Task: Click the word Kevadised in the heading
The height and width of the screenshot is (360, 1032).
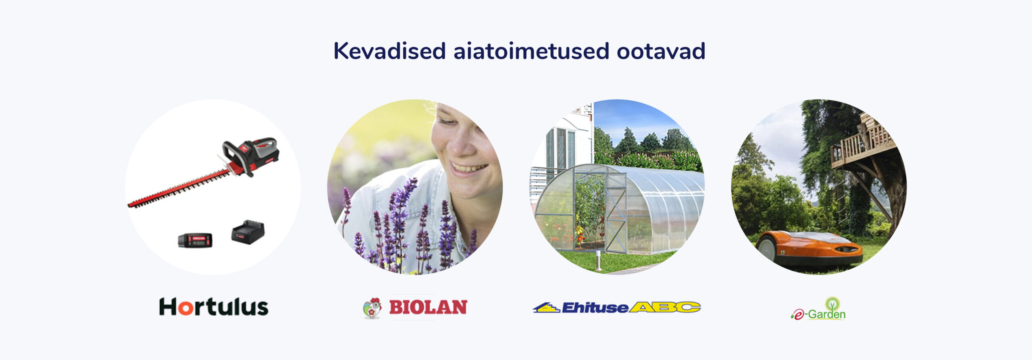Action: click(389, 51)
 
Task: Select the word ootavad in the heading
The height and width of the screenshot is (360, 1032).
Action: click(661, 51)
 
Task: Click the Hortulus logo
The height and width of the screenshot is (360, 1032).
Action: click(214, 307)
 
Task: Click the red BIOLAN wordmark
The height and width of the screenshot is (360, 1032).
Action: click(428, 307)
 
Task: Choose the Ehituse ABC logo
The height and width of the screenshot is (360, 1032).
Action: click(616, 307)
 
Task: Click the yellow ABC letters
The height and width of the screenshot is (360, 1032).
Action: click(665, 307)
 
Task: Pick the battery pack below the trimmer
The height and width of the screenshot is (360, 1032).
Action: click(195, 240)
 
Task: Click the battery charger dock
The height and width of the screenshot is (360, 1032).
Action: click(248, 232)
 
